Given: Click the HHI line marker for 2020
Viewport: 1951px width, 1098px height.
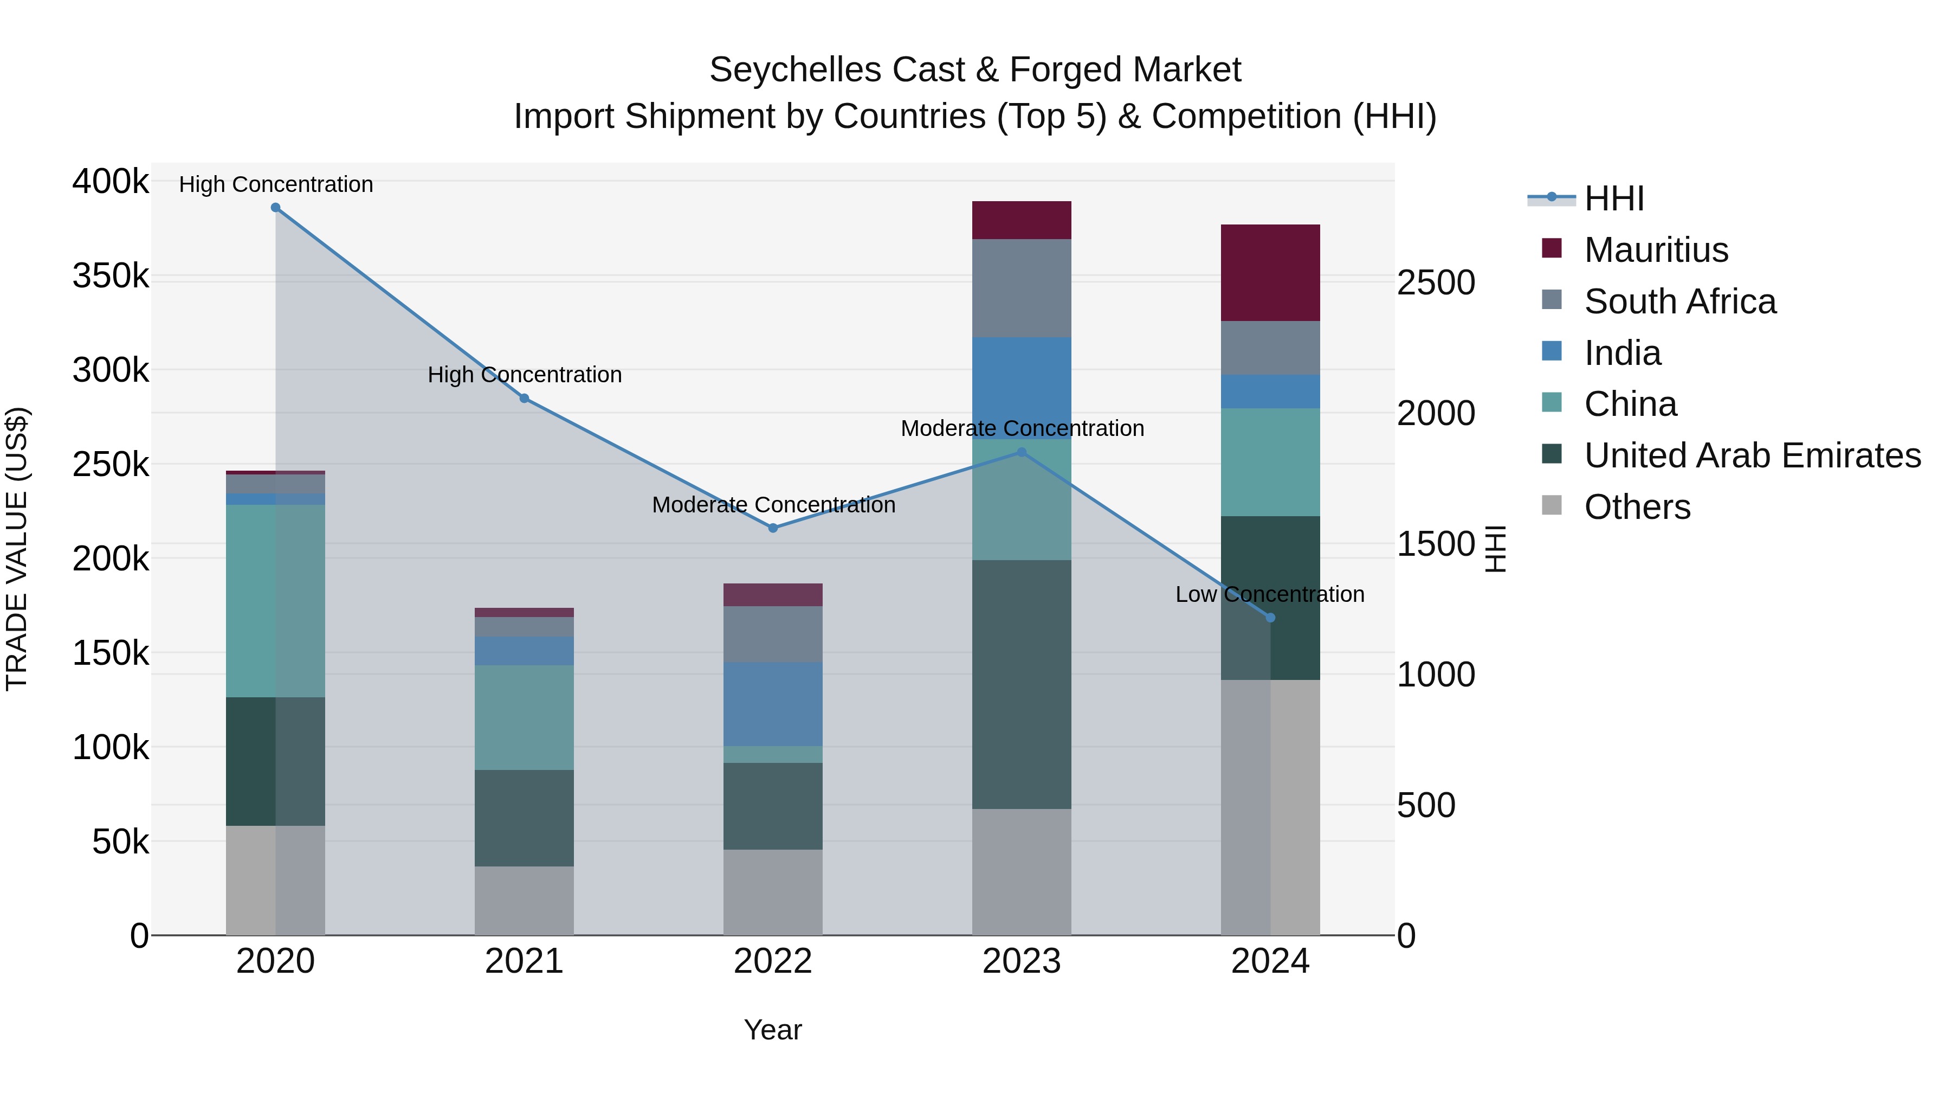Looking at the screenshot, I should tap(276, 208).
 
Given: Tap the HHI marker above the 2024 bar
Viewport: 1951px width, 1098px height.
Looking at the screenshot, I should tap(1271, 618).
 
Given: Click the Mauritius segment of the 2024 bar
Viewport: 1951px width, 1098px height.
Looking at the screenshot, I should tap(1271, 273).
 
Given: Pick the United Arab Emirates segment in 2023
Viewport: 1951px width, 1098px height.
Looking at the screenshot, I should tap(1022, 684).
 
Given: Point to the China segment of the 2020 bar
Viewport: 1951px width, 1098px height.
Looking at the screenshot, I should tap(276, 601).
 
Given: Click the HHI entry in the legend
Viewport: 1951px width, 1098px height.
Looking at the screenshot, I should tap(1613, 198).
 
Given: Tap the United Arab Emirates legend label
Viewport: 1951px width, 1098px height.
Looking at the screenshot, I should tap(1752, 455).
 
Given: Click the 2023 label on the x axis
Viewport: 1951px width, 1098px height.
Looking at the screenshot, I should tap(1022, 961).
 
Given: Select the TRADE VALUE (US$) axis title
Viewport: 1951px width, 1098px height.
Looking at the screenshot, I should tap(17, 549).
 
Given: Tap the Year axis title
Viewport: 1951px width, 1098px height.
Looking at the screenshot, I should tap(772, 1030).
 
